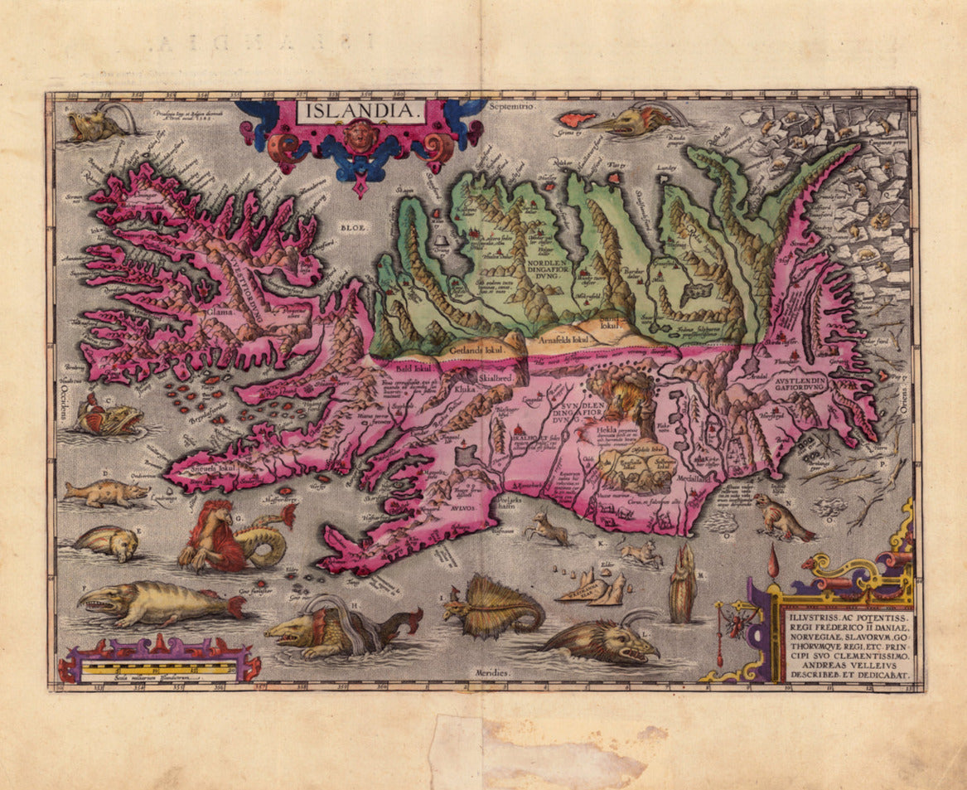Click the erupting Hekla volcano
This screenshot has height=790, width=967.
point(624,399)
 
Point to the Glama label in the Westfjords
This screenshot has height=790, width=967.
point(221,313)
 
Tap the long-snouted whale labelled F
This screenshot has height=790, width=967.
point(157,603)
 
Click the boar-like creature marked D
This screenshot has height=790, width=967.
point(104,492)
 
